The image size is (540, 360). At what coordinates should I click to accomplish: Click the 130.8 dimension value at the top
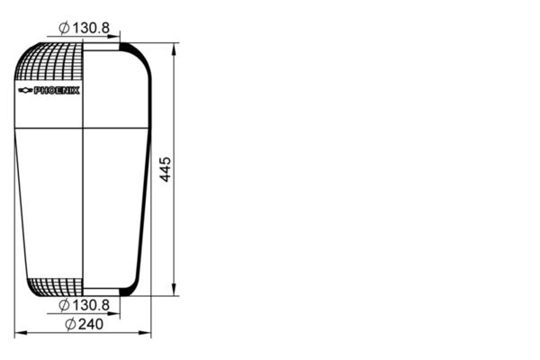pos(92,28)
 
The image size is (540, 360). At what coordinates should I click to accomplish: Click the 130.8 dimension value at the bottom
pos(92,306)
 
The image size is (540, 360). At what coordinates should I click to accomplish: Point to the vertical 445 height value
pos(165,169)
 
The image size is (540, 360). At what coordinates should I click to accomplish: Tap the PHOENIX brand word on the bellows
pos(57,91)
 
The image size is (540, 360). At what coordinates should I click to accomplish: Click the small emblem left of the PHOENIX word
pos(25,91)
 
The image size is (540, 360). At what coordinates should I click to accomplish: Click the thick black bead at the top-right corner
pos(130,49)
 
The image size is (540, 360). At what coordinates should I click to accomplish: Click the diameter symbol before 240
pos(70,325)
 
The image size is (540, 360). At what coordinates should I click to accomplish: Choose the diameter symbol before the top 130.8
pos(65,28)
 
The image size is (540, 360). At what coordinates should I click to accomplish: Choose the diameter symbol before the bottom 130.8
pos(65,306)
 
